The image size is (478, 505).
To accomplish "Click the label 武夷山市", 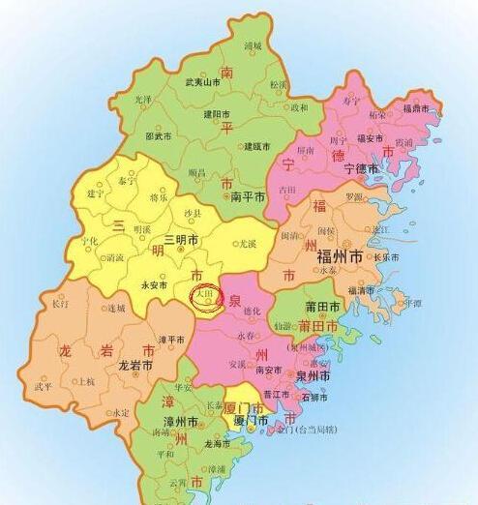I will [202, 83].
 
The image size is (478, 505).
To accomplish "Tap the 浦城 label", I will [254, 45].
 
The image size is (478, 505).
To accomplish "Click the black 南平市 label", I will [249, 195].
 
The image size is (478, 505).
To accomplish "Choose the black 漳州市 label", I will [180, 423].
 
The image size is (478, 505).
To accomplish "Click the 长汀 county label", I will [61, 304].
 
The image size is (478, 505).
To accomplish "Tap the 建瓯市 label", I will [255, 146].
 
